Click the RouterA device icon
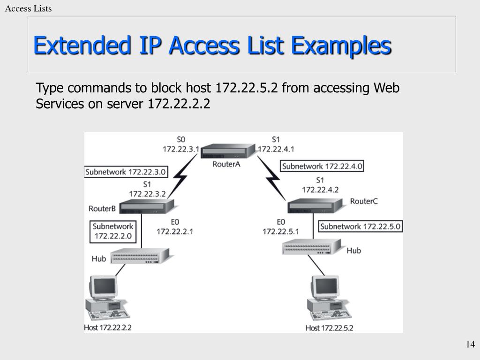(229, 151)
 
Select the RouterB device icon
(147, 206)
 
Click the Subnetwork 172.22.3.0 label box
(126, 172)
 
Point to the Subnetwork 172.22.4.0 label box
(322, 166)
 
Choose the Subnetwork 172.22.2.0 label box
(113, 231)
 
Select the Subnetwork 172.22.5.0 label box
(360, 227)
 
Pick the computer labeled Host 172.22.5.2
(328, 298)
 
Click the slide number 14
(470, 345)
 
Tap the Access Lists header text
(29, 9)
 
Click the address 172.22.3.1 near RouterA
(181, 149)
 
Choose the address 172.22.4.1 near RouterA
(276, 149)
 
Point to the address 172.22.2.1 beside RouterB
(175, 231)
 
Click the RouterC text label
(364, 201)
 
